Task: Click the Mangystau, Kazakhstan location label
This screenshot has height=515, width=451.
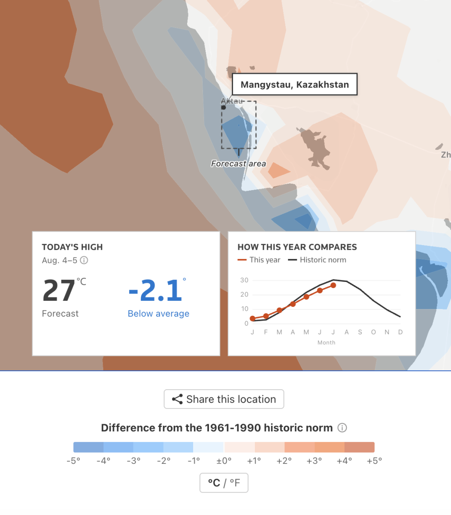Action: [294, 84]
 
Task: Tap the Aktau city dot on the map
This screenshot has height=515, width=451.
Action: [224, 107]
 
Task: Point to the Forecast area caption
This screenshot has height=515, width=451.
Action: [238, 164]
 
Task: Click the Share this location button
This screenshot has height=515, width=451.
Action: [224, 399]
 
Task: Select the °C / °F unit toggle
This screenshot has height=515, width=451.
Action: [224, 482]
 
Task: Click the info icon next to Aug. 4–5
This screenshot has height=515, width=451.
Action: [84, 260]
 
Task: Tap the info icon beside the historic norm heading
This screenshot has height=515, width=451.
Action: [342, 427]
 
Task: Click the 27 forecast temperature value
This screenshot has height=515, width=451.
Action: [59, 291]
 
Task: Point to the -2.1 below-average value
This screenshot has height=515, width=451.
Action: [155, 291]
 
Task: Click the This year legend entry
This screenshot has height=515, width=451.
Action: [259, 260]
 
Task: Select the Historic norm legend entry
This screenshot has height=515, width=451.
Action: [317, 260]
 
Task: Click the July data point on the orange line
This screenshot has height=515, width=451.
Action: [333, 285]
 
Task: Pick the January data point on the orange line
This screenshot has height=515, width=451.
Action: [253, 318]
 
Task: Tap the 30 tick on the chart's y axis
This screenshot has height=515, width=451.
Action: [244, 280]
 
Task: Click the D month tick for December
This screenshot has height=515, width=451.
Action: [400, 332]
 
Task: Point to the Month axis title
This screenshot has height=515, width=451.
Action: [326, 342]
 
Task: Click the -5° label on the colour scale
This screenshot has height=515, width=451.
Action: [73, 461]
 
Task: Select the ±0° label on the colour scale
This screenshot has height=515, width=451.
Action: [224, 461]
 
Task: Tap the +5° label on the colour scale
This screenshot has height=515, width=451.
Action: [374, 461]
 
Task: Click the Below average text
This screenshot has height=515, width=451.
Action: [158, 314]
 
